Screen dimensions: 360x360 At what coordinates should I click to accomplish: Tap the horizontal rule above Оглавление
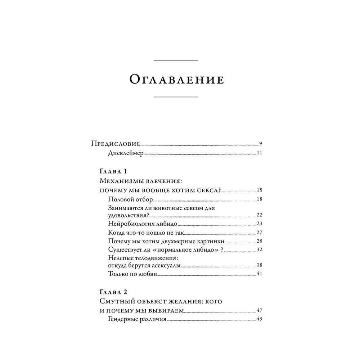tap(176, 61)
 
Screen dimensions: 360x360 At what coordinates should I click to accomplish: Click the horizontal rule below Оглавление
tap(176, 97)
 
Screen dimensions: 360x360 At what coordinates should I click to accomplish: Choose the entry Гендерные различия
tap(137, 319)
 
